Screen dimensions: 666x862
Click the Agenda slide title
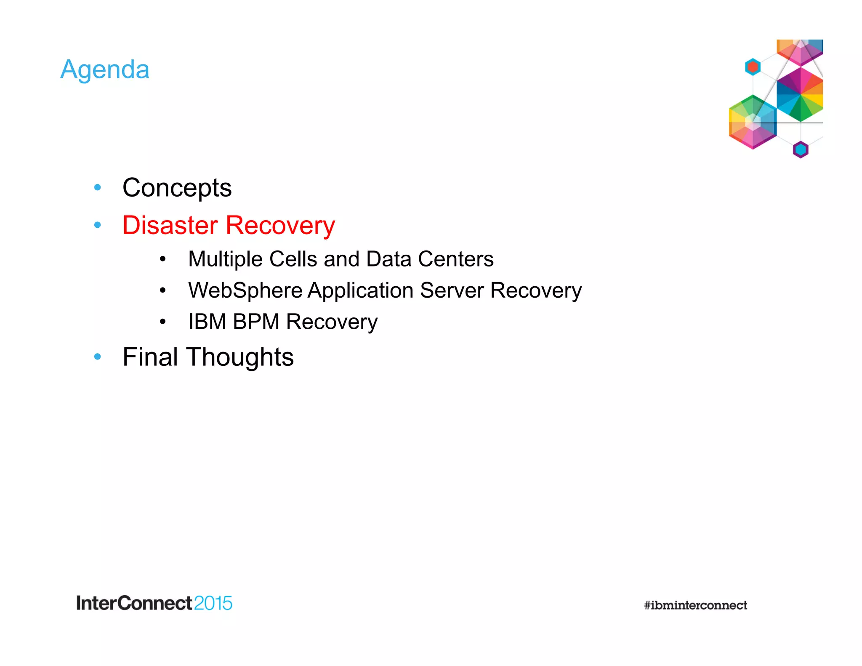tap(105, 69)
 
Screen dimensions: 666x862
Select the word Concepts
tap(177, 188)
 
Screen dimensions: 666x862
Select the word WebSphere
tap(245, 290)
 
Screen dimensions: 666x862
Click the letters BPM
tap(256, 322)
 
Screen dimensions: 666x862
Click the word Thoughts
tap(239, 357)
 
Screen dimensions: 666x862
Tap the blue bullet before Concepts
tap(98, 187)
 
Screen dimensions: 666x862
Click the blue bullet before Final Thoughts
tap(98, 357)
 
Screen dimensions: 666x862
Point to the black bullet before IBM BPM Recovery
tap(163, 322)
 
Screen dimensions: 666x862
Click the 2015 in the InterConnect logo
tap(213, 603)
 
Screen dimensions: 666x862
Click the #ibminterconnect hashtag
tap(695, 605)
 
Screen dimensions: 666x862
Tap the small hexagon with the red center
tap(753, 67)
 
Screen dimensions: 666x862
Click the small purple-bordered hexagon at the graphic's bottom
tap(800, 149)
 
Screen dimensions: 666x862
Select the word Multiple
tap(225, 259)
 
